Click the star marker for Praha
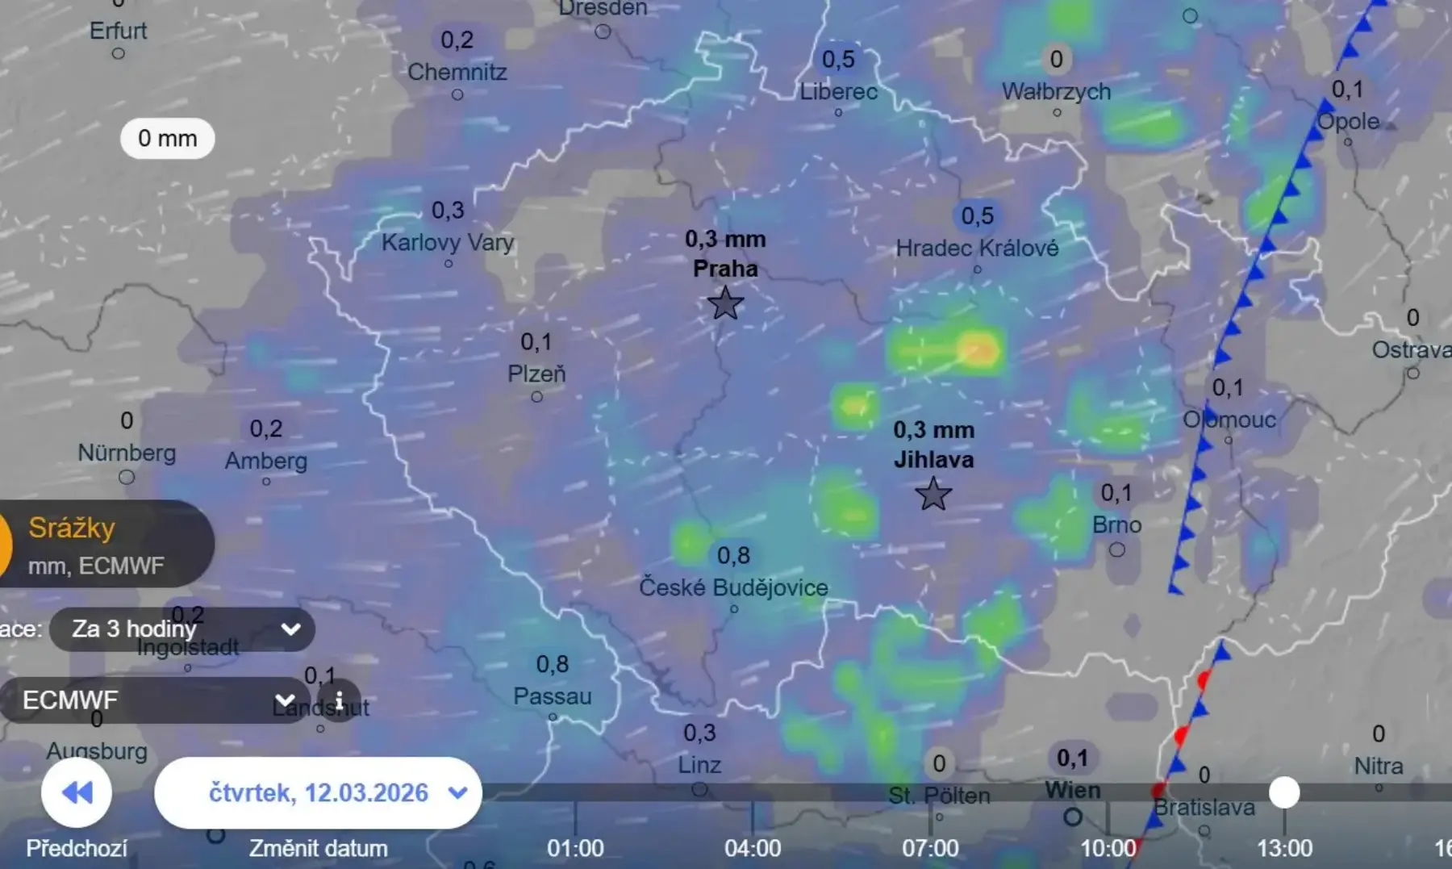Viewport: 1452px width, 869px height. [724, 304]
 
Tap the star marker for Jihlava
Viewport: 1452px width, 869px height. [933, 494]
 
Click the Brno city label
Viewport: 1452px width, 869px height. [1116, 525]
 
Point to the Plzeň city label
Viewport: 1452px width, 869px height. [536, 374]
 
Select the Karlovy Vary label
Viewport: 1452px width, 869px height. [448, 242]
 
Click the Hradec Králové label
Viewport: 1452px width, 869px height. [977, 248]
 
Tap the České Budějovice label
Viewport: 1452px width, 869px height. [733, 587]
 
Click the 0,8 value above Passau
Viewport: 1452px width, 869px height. [553, 664]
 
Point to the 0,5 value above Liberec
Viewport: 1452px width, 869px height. [838, 59]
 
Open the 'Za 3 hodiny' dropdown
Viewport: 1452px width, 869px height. [182, 629]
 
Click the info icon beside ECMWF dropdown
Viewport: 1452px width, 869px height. [339, 700]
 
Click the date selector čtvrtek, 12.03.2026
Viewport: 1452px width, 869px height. [319, 792]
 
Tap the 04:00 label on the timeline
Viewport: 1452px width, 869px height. [753, 848]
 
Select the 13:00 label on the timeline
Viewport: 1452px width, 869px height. [1284, 848]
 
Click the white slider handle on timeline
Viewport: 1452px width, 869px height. [1284, 792]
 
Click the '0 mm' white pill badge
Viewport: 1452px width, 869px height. [167, 138]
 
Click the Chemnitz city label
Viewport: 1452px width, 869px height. [457, 72]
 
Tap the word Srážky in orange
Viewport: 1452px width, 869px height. [72, 528]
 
